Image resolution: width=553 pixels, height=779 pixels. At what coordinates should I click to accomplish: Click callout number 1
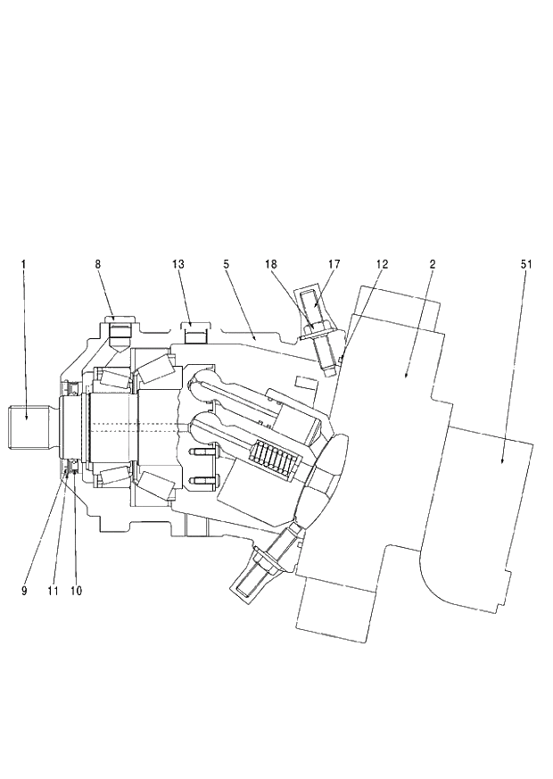24,264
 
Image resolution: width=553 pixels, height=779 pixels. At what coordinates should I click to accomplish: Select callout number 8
97,264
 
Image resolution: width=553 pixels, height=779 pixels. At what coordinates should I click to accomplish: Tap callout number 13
178,264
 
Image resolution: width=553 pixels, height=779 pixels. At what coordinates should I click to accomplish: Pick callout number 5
227,264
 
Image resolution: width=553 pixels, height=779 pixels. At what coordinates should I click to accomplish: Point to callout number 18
272,264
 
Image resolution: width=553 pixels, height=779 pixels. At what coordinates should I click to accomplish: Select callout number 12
382,264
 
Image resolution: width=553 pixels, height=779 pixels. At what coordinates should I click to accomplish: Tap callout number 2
432,264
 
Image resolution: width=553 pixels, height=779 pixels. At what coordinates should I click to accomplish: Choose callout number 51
525,264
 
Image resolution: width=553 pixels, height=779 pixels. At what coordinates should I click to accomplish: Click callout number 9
24,590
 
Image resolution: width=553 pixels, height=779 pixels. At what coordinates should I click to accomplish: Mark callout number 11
54,590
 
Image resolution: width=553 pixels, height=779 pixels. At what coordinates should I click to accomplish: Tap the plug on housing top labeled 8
120,332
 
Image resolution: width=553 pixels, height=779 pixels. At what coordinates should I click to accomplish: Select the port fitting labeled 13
195,337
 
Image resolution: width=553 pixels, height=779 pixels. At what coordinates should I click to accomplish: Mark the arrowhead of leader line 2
407,378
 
